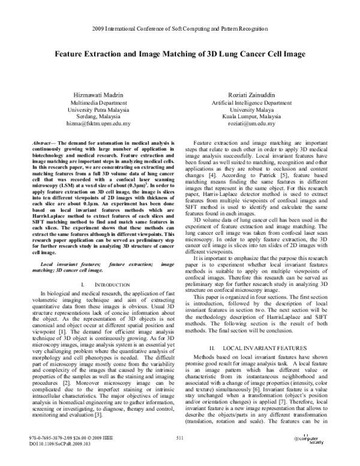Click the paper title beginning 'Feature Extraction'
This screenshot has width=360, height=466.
point(180,53)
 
